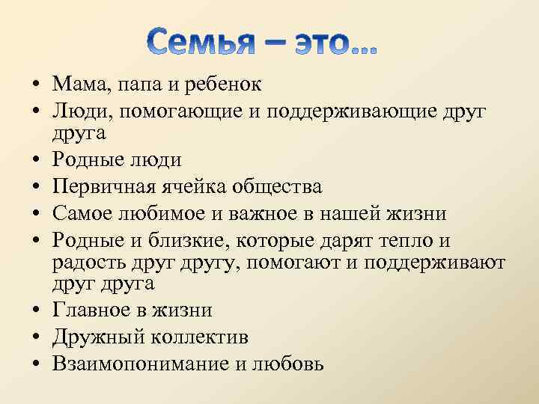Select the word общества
[278, 186]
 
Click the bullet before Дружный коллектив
[37, 338]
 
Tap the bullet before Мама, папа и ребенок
[37, 83]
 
